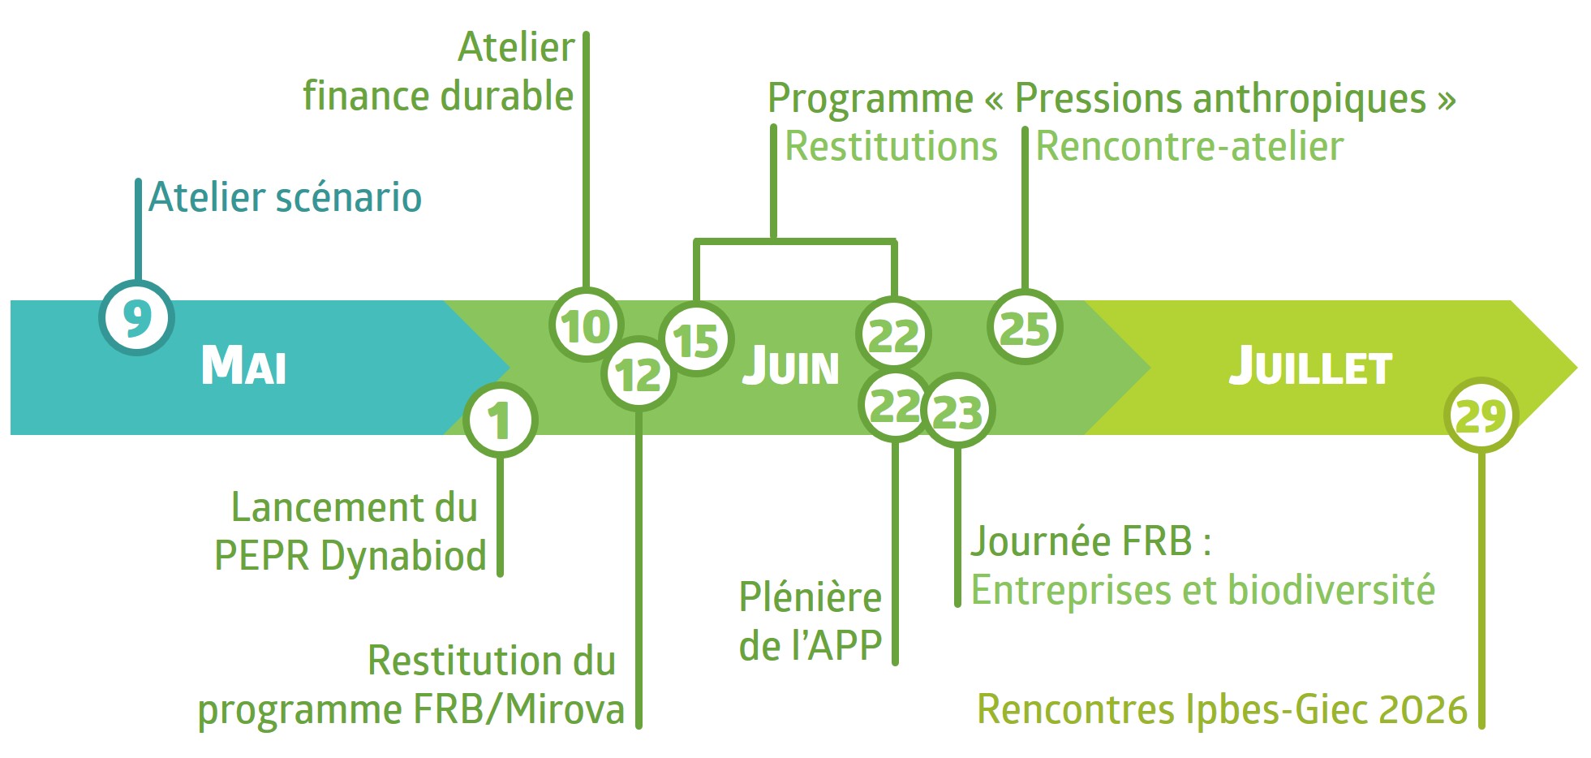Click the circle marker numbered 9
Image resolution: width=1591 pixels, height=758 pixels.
click(136, 317)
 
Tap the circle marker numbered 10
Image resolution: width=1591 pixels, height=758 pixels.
click(586, 325)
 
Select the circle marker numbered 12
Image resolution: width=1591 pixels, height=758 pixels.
click(639, 375)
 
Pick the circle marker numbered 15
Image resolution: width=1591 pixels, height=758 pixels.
click(696, 340)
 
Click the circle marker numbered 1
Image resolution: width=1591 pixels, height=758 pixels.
click(500, 420)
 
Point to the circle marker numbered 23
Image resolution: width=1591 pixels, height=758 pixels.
click(958, 411)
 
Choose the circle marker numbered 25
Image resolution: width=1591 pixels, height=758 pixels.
click(1025, 328)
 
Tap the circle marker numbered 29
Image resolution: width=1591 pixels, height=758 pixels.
click(1481, 416)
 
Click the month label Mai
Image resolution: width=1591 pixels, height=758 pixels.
click(243, 365)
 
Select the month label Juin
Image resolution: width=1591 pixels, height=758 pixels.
click(791, 366)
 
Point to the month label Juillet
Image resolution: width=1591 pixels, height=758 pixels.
click(1310, 367)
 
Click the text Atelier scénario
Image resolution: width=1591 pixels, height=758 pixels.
click(286, 198)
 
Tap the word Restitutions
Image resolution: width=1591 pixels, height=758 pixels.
click(891, 147)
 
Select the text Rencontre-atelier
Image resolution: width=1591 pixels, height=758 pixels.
click(1189, 147)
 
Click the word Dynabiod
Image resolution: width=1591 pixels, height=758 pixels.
click(403, 557)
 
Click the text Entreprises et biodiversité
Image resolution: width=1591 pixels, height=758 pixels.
click(1202, 590)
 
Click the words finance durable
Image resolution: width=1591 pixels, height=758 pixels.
click(438, 96)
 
